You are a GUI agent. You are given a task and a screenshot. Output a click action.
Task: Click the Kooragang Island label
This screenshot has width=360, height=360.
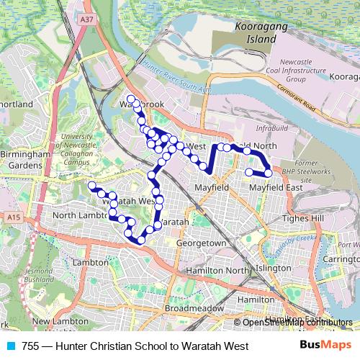coord(256,33)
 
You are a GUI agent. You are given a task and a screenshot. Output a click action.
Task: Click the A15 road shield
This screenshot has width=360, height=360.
coord(14,217)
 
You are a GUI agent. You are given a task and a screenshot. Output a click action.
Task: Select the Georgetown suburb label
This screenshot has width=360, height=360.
coord(198,244)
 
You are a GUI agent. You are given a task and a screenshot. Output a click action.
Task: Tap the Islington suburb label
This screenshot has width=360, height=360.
coord(273,267)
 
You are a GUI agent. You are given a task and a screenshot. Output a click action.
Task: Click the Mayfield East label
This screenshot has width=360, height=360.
coord(275,188)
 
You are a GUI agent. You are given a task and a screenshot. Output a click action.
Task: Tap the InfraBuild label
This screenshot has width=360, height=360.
coord(271,129)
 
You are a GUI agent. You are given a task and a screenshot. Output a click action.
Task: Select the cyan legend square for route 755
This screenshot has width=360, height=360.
coord(9,346)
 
